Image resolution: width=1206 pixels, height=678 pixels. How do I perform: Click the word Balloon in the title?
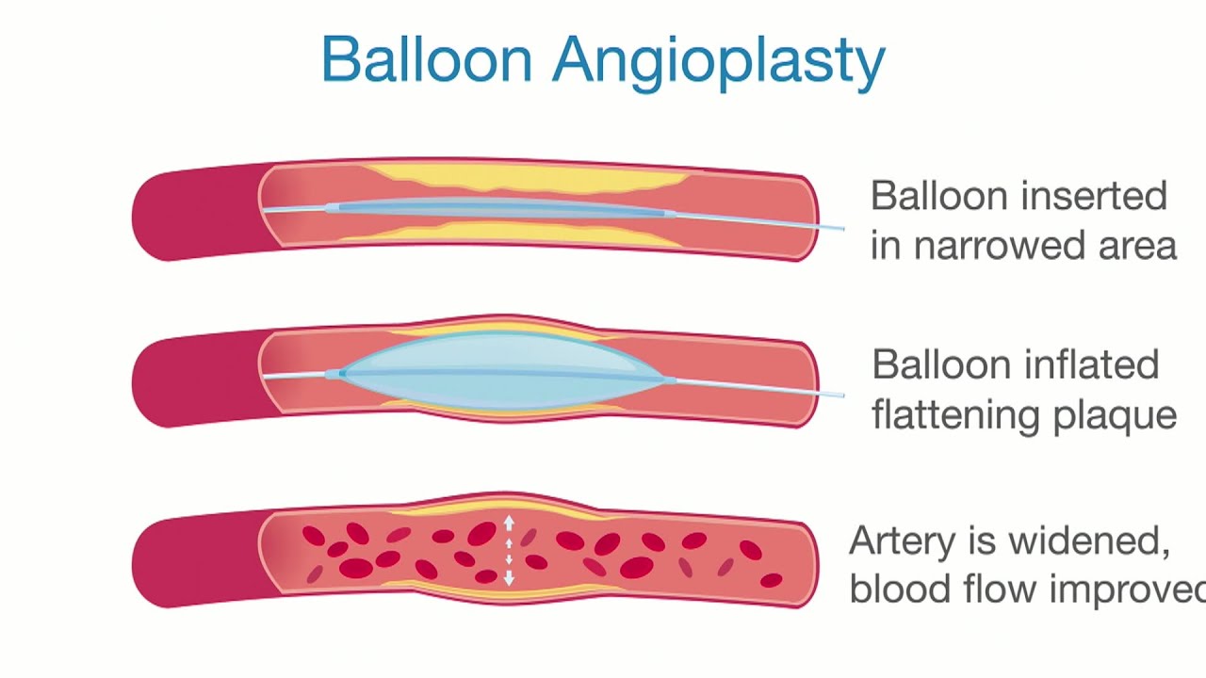pos(427,60)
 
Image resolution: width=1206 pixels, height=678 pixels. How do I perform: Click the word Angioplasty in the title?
pos(718,62)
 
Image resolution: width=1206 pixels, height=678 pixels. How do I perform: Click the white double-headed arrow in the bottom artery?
pos(509,550)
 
